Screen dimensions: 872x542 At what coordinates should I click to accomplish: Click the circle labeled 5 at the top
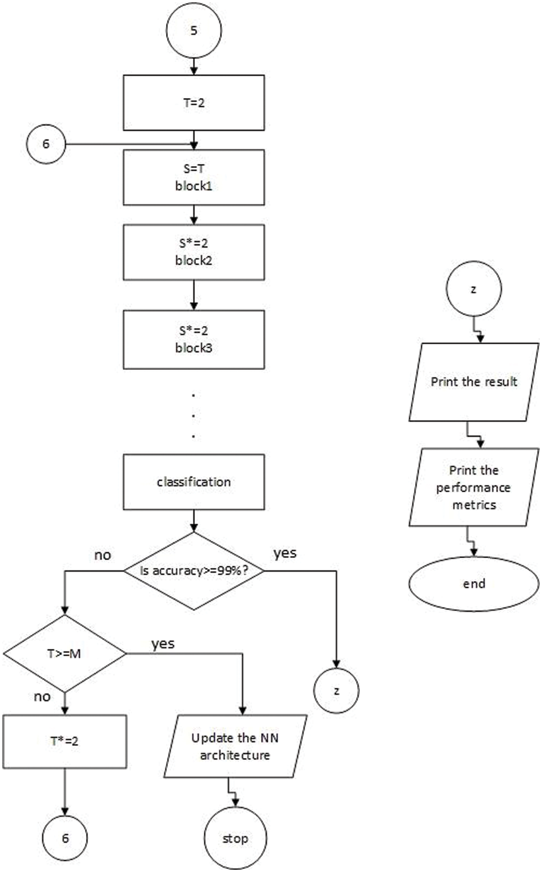point(193,30)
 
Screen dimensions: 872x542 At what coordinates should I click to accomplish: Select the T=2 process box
point(193,103)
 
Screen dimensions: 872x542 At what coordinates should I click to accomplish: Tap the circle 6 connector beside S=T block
point(46,144)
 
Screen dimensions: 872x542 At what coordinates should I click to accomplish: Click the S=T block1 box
point(193,177)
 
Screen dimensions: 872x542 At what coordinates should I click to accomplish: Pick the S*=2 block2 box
point(193,252)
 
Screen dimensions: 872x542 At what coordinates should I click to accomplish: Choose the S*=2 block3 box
point(193,339)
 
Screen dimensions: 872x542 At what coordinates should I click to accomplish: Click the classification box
point(193,482)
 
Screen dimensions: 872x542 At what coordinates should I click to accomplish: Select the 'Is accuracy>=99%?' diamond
point(193,571)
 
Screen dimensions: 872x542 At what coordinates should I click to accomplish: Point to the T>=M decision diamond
point(65,653)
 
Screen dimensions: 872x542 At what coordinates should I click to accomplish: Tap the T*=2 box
point(65,741)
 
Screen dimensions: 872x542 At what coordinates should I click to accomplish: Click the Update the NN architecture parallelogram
point(235,746)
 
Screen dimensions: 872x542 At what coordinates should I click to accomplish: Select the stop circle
point(235,838)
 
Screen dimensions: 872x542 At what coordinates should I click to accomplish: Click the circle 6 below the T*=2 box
point(65,838)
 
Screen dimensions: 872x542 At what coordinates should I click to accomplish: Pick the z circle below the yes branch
point(336,691)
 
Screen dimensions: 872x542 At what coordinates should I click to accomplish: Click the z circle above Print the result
point(473,289)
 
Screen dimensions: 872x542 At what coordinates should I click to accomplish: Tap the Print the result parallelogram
point(473,382)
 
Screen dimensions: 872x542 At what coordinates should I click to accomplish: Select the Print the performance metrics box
point(473,487)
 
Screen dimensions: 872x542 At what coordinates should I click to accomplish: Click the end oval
point(473,584)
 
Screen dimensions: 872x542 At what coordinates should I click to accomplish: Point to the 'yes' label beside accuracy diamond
point(285,553)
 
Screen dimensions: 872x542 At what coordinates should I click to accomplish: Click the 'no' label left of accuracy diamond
point(103,555)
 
